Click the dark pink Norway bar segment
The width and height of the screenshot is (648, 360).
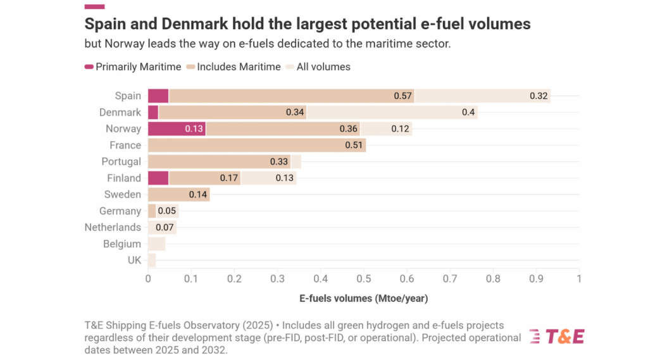(177, 129)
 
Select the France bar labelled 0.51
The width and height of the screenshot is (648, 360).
(256, 146)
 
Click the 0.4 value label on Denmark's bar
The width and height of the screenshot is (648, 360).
(468, 113)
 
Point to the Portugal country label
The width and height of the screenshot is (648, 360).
(121, 162)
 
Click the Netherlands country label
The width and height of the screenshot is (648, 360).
(113, 228)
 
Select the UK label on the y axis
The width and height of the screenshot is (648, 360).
(134, 261)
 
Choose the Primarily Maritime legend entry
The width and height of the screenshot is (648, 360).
(133, 67)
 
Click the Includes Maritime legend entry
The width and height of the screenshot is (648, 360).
(234, 67)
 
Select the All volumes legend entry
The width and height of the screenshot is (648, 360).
(319, 67)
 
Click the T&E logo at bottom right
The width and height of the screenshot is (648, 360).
(556, 337)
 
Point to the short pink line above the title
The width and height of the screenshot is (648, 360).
(94, 6)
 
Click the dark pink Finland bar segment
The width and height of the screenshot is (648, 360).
(158, 178)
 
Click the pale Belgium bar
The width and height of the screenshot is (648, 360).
(156, 244)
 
